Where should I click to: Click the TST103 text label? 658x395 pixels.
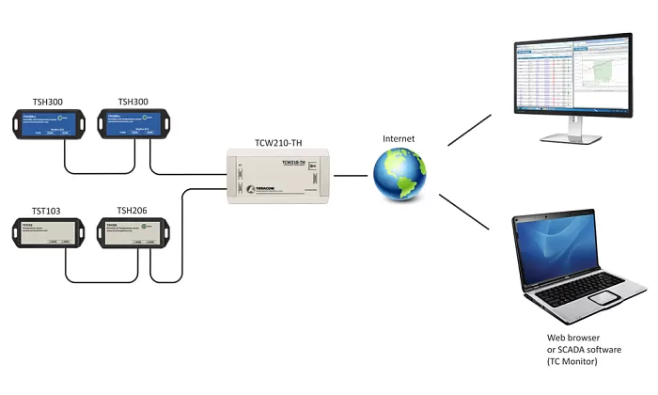pyautogui.click(x=40, y=212)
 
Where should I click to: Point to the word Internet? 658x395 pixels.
pyautogui.click(x=398, y=139)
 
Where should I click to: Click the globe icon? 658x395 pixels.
pyautogui.click(x=399, y=174)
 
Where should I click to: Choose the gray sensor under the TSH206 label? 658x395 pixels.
pyautogui.click(x=132, y=233)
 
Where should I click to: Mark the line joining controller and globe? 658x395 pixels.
pyautogui.click(x=352, y=175)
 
